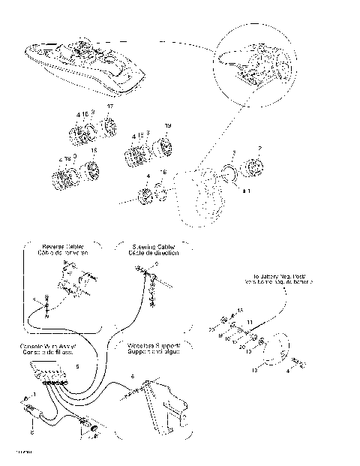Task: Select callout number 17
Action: pyautogui.click(x=110, y=108)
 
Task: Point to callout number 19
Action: pyautogui.click(x=167, y=125)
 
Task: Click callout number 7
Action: pyautogui.click(x=259, y=148)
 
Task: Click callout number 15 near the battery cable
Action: pyautogui.click(x=240, y=309)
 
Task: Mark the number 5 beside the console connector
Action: pyautogui.click(x=77, y=366)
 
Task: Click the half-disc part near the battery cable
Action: pyautogui.click(x=280, y=347)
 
